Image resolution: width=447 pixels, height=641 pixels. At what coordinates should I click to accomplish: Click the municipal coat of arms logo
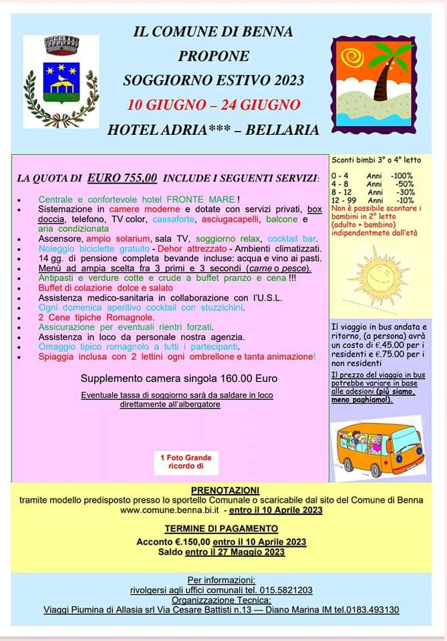click(x=61, y=82)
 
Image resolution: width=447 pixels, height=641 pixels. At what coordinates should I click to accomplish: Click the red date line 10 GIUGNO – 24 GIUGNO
click(x=214, y=105)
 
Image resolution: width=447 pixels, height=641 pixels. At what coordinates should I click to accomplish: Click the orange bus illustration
click(x=378, y=448)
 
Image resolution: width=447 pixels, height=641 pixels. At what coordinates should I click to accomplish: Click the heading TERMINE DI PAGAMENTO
click(x=221, y=528)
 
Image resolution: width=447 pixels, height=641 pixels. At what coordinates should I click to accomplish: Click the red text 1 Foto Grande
click(x=186, y=457)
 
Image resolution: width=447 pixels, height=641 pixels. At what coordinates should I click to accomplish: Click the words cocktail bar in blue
click(x=292, y=238)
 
